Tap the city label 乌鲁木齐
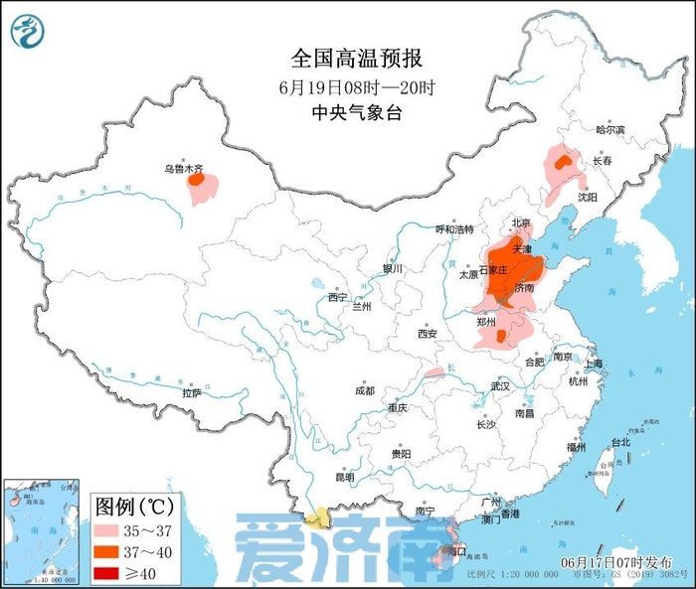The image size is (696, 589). pos(188,169)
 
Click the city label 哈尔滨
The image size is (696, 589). pos(609,130)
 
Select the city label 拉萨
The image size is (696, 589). pos(192,393)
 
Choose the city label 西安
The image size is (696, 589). pos(428,334)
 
